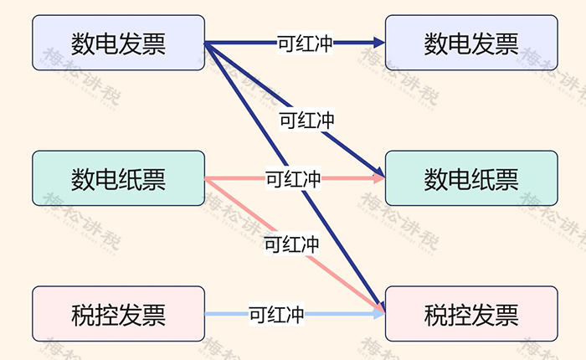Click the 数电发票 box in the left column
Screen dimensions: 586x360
(x=119, y=43)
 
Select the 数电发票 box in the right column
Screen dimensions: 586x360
(x=471, y=43)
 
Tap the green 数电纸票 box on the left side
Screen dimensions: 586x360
(x=119, y=178)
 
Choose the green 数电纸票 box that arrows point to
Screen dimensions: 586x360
(x=471, y=178)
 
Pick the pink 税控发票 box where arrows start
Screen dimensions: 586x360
(x=119, y=314)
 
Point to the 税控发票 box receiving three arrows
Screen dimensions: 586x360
(x=471, y=314)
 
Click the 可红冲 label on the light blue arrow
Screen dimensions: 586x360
(x=276, y=314)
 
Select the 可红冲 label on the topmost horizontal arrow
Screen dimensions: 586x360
(x=305, y=43)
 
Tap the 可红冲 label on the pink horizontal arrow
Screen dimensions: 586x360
(x=293, y=178)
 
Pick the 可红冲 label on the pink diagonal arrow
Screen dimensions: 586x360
(x=291, y=244)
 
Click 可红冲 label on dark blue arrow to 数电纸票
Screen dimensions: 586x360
(x=307, y=120)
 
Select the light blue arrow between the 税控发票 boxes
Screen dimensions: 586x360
(x=295, y=314)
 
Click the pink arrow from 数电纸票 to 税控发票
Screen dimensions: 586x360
(x=295, y=245)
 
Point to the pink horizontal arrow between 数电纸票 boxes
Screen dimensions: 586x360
(x=295, y=178)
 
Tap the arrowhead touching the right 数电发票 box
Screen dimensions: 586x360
(x=379, y=43)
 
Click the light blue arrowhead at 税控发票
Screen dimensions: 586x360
(x=379, y=314)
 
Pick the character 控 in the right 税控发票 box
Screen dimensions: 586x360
(x=460, y=315)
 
